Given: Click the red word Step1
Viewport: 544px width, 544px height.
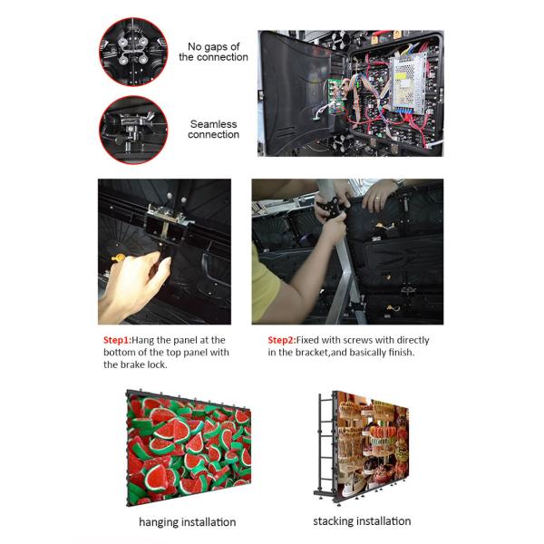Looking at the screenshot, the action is [x=117, y=340].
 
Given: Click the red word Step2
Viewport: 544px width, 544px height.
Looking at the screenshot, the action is [x=282, y=340].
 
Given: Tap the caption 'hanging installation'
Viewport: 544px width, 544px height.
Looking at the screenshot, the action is [x=188, y=522].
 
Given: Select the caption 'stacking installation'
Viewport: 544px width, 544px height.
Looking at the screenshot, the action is [x=362, y=521].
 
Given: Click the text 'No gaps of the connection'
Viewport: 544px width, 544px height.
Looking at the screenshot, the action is [x=213, y=52].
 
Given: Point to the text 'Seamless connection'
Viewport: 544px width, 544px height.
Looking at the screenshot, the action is [x=213, y=129].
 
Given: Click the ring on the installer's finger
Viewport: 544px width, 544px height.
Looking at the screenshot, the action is [x=377, y=199].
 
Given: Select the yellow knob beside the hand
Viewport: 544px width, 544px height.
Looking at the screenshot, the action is [x=118, y=257].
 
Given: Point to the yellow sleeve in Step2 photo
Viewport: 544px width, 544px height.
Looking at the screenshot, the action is [x=265, y=285].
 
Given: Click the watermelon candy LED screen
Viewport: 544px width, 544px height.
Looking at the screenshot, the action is [x=189, y=448].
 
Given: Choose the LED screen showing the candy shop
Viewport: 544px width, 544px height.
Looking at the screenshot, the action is [x=372, y=445].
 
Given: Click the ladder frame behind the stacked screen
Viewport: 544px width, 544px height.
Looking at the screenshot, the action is [x=324, y=444].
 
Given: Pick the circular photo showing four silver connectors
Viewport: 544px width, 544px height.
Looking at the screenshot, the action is [x=133, y=52].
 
